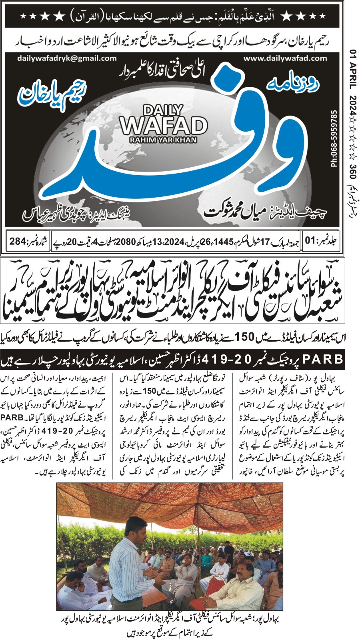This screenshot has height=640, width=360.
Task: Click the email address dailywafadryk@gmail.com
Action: click(x=67, y=58)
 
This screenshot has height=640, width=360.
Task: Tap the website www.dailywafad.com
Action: click(x=285, y=58)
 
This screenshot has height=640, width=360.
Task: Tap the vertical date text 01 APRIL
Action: click(x=353, y=70)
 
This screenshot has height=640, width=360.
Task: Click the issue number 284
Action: click(x=18, y=241)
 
